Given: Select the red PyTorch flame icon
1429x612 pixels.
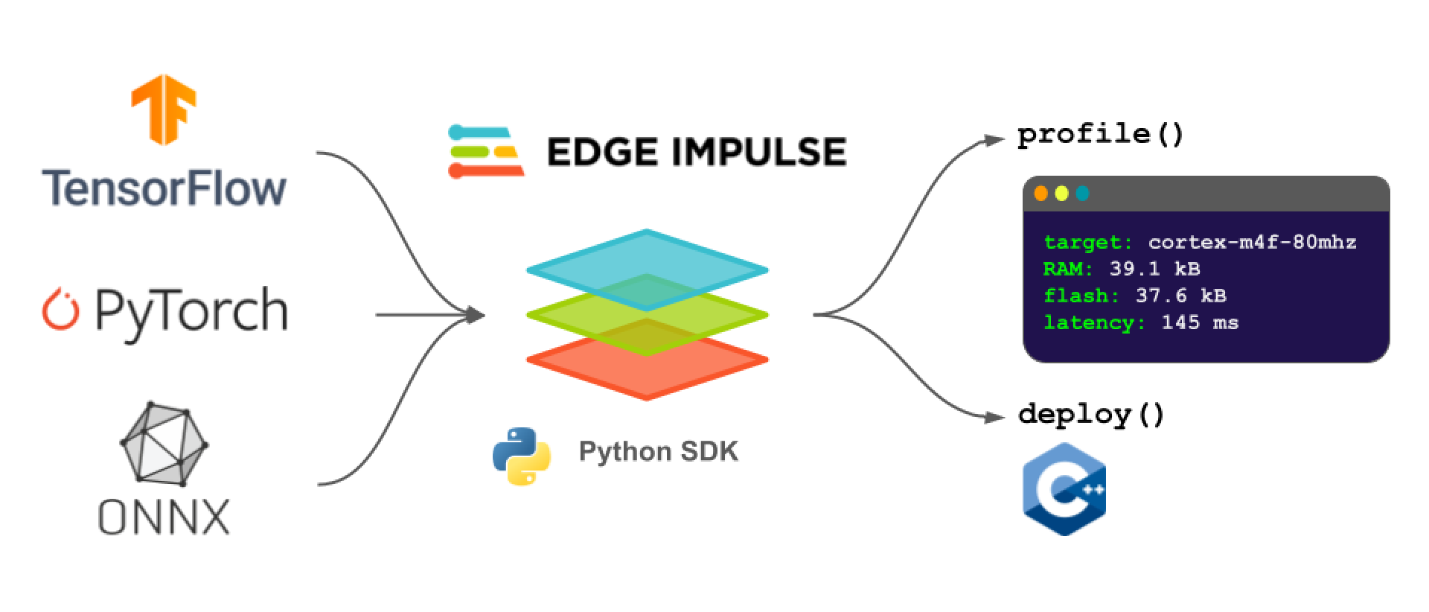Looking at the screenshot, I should click(60, 311).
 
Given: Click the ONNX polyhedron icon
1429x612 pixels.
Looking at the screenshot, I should click(164, 444).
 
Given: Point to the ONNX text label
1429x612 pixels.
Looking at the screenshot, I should click(164, 516).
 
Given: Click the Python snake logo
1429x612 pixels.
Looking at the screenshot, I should click(522, 456).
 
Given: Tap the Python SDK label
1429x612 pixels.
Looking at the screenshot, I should click(659, 452).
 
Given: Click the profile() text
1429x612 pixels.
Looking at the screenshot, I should click(1100, 135).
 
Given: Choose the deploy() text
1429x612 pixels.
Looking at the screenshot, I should click(1091, 414).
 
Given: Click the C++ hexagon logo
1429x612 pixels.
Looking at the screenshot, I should click(1064, 489).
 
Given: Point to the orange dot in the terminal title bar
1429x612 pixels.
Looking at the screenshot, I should click(1041, 194).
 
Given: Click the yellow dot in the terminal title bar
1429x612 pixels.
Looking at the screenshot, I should click(1062, 194).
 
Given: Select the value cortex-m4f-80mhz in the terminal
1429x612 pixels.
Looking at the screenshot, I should click(1252, 243).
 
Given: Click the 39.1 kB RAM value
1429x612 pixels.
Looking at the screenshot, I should click(1154, 270).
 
